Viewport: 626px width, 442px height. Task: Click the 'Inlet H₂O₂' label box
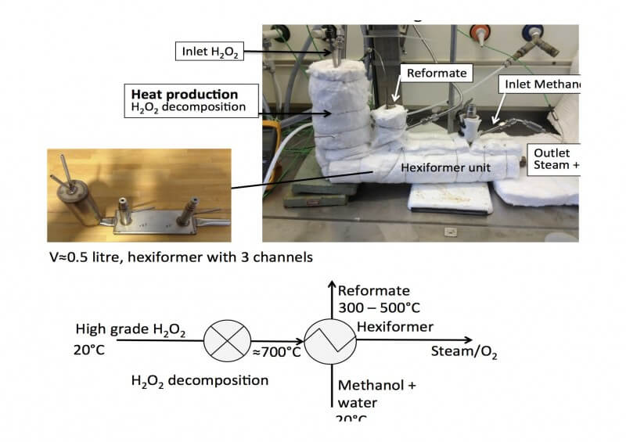pyautogui.click(x=206, y=52)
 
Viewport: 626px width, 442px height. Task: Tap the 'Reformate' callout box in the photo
pyautogui.click(x=435, y=73)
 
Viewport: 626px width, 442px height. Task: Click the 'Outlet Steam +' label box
pyautogui.click(x=554, y=158)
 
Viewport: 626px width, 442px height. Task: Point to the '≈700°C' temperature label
pyautogui.click(x=275, y=352)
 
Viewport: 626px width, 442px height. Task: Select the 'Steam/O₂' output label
pyautogui.click(x=464, y=352)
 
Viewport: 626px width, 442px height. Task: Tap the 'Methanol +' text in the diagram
pyautogui.click(x=372, y=386)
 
